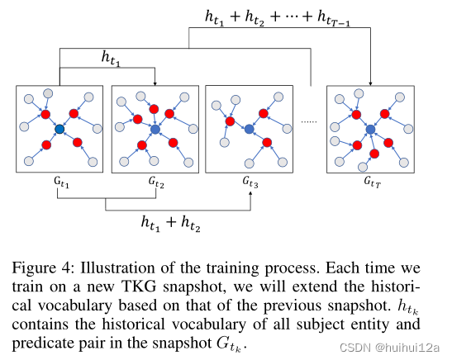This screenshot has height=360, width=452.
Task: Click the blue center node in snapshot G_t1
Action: (x=59, y=130)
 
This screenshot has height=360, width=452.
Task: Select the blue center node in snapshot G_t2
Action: (x=155, y=130)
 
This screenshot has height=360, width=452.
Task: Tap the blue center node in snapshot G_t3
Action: (x=249, y=128)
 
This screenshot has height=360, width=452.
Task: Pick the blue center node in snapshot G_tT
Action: (x=370, y=130)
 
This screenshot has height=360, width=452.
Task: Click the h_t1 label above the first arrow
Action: (x=109, y=57)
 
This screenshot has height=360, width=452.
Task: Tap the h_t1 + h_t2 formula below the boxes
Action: (x=177, y=222)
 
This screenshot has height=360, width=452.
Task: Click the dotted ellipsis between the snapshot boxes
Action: (x=310, y=121)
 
